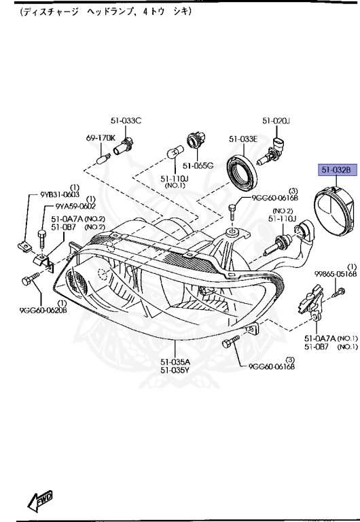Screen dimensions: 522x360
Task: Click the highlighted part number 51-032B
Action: (x=335, y=170)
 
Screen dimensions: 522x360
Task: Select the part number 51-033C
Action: (x=126, y=121)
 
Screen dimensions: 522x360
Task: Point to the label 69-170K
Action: (x=101, y=138)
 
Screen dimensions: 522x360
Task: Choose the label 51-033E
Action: (x=242, y=139)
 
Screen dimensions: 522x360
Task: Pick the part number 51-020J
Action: (x=276, y=121)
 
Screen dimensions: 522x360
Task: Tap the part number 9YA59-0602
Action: (x=75, y=207)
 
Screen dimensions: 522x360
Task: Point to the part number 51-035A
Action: (x=175, y=362)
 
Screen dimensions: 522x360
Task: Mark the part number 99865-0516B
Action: (x=336, y=273)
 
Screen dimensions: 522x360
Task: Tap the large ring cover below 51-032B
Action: (x=334, y=213)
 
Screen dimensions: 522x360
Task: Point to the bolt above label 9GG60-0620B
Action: (x=32, y=279)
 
